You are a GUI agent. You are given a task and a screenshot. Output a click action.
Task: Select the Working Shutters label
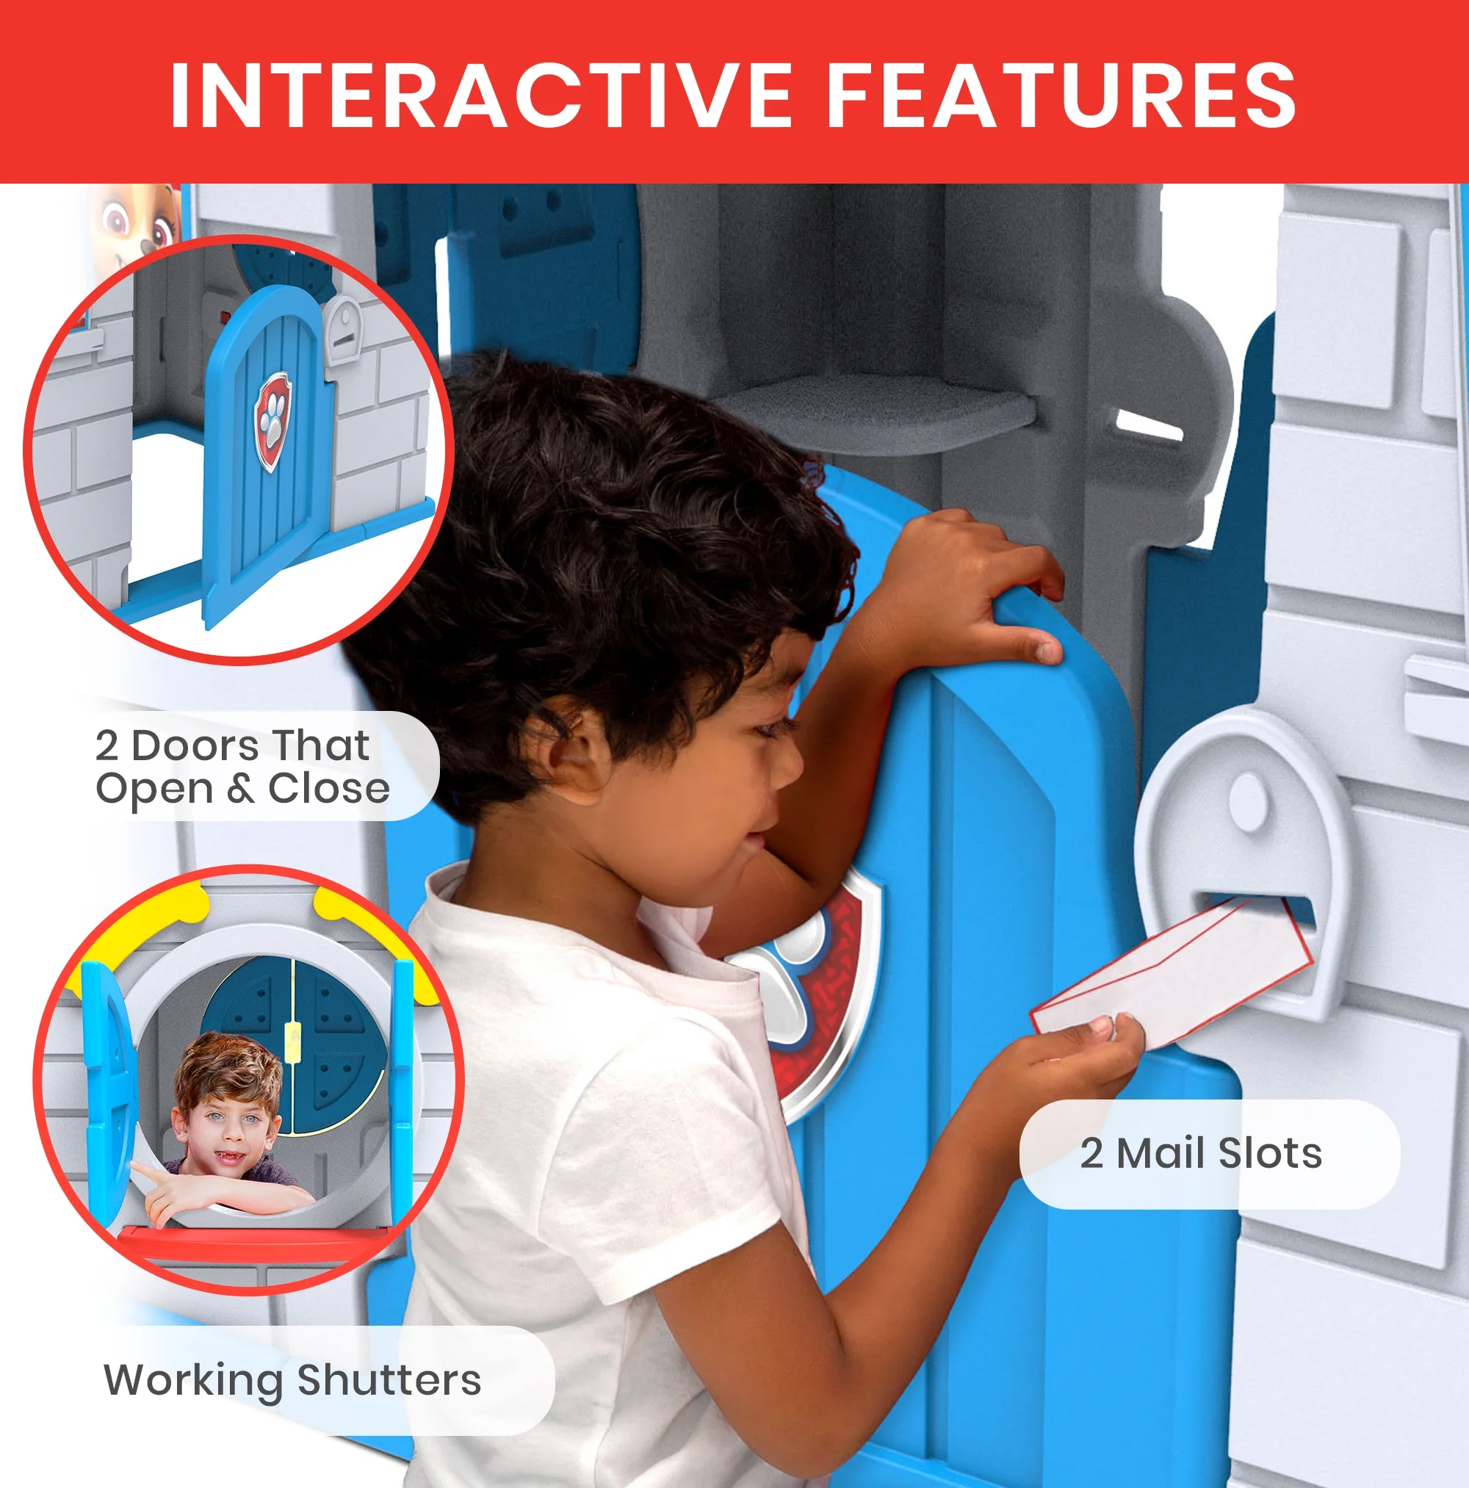point(293,1379)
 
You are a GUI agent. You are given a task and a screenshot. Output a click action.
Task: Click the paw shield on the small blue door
point(273,421)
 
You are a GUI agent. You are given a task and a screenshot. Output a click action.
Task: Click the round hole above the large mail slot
point(1247,801)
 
